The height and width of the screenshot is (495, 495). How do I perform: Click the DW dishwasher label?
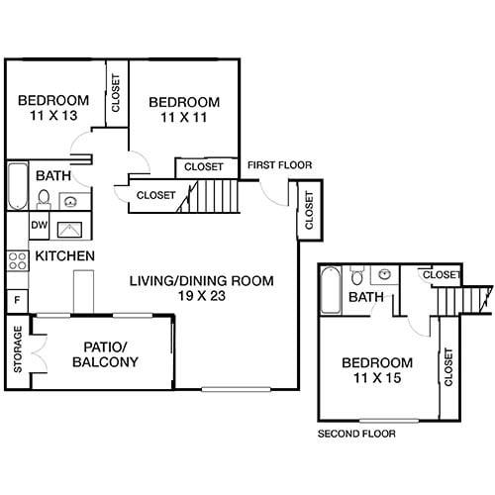click(x=39, y=226)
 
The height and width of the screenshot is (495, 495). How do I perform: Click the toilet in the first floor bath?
click(x=44, y=199)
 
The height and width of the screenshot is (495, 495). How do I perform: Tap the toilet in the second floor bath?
click(x=357, y=276)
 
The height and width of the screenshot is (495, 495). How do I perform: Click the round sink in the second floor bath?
click(x=382, y=275)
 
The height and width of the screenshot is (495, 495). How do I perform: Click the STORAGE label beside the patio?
click(x=18, y=350)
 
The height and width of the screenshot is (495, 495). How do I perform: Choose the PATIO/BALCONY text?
click(x=105, y=353)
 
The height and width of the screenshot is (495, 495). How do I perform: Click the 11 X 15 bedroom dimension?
click(x=376, y=378)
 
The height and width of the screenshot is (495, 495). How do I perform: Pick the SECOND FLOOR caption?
click(x=355, y=434)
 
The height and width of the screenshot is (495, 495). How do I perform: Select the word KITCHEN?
click(x=65, y=256)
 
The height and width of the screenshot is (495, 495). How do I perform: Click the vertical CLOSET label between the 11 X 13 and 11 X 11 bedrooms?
click(x=116, y=91)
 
